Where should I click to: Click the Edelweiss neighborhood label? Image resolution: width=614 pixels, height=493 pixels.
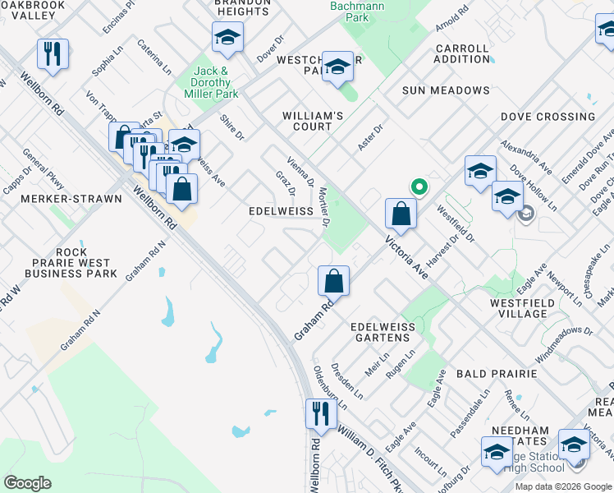pos(281,211)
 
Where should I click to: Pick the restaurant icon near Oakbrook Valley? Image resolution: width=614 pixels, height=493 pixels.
pos(53,54)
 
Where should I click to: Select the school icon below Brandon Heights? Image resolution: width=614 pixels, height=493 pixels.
pos(227,37)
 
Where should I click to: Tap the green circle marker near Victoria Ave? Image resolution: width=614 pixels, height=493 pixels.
pos(419,187)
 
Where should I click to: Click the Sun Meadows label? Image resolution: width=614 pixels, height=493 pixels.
pos(447,90)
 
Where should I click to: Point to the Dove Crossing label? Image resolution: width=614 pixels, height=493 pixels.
pos(548,117)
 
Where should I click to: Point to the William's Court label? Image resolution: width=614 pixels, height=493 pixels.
pos(307,121)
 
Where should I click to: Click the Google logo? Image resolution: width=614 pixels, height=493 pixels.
pos(27,483)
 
